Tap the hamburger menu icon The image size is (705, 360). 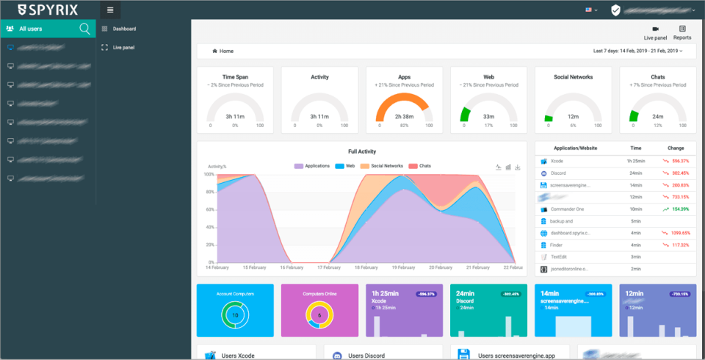tap(110, 10)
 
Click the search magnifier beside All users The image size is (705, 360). tap(85, 29)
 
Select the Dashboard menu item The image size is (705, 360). tap(124, 29)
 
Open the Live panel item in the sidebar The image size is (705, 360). tap(123, 47)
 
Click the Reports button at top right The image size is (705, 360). tap(681, 32)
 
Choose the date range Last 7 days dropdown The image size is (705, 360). tap(637, 51)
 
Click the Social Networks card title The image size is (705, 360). tap(573, 76)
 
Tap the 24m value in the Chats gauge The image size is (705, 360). tap(657, 116)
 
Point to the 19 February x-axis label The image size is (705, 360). tap(399, 267)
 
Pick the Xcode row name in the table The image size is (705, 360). tap(557, 160)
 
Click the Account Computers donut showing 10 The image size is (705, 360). tap(235, 314)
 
